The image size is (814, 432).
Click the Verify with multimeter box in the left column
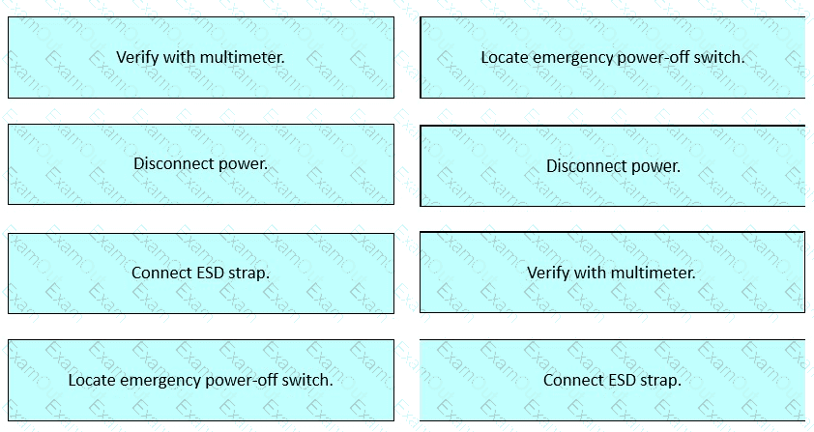coord(201,57)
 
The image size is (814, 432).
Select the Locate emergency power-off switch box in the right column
coord(613,57)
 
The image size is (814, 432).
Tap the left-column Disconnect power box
coord(201,164)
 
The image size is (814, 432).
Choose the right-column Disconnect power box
coord(613,165)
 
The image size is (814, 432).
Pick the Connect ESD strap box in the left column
coord(201,274)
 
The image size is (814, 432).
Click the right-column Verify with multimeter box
coord(613,273)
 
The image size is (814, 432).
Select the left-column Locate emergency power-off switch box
coord(201,380)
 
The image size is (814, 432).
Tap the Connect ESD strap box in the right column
coord(613,380)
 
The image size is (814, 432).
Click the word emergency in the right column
coord(570,58)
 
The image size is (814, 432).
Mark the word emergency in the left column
coord(158,381)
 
